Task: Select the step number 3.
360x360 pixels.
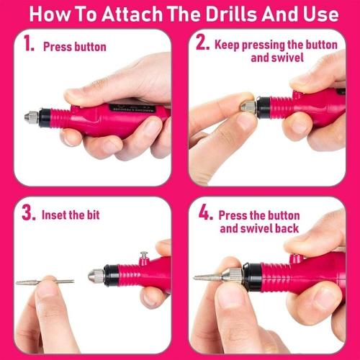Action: [28, 214]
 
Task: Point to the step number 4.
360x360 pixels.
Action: [204, 214]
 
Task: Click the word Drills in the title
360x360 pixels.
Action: [240, 14]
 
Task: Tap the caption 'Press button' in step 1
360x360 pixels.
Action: [74, 47]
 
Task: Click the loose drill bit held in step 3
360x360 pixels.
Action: [45, 282]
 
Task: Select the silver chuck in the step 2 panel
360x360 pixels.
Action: [248, 107]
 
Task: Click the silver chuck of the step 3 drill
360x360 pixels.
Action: [95, 275]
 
